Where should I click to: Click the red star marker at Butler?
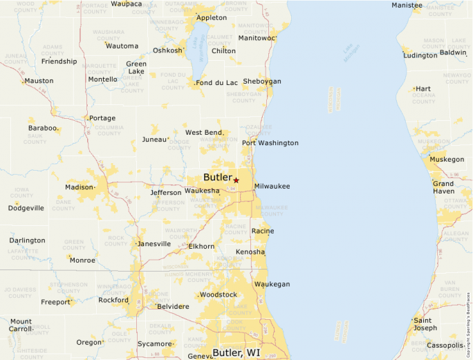(x=236, y=180)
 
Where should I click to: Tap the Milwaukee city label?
(x=272, y=187)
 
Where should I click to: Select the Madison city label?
(x=79, y=187)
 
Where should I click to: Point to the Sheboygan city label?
(x=262, y=82)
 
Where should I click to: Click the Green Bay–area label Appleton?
(x=211, y=17)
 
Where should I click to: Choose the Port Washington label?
(x=270, y=143)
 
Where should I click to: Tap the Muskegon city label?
(x=447, y=160)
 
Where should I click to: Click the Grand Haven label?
(x=443, y=187)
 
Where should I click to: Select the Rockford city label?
(x=113, y=301)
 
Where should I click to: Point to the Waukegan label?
(x=272, y=284)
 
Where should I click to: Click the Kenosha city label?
(x=250, y=252)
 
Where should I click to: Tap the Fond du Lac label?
(x=217, y=84)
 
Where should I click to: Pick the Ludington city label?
(x=420, y=55)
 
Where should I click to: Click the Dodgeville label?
(x=26, y=208)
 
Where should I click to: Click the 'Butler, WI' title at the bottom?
(x=236, y=352)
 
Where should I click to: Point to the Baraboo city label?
(x=42, y=129)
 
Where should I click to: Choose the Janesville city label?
(x=154, y=244)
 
